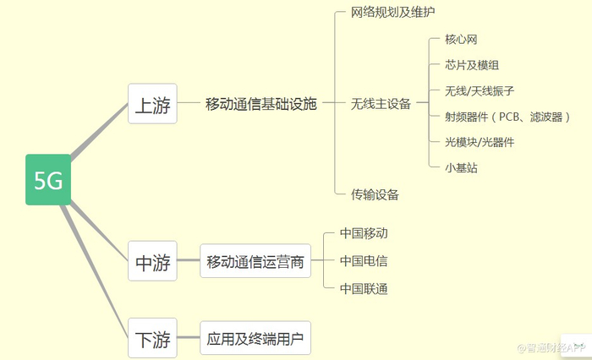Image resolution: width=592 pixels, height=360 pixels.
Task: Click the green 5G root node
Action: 48,180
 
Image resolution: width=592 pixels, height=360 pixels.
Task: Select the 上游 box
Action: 152,104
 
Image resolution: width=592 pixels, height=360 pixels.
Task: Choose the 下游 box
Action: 152,339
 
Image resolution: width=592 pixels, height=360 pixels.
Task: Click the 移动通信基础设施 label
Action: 260,104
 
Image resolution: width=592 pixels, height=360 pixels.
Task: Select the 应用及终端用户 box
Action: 255,339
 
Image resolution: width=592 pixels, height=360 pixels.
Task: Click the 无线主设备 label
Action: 381,104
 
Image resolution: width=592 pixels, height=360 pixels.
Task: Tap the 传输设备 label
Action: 375,194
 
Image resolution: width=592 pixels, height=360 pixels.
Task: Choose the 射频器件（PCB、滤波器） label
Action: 507,117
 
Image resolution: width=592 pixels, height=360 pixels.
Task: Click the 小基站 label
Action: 461,167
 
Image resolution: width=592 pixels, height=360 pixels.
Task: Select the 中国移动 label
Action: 364,232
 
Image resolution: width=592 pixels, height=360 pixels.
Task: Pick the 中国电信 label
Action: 364,261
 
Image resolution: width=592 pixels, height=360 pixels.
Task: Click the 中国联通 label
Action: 364,289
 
